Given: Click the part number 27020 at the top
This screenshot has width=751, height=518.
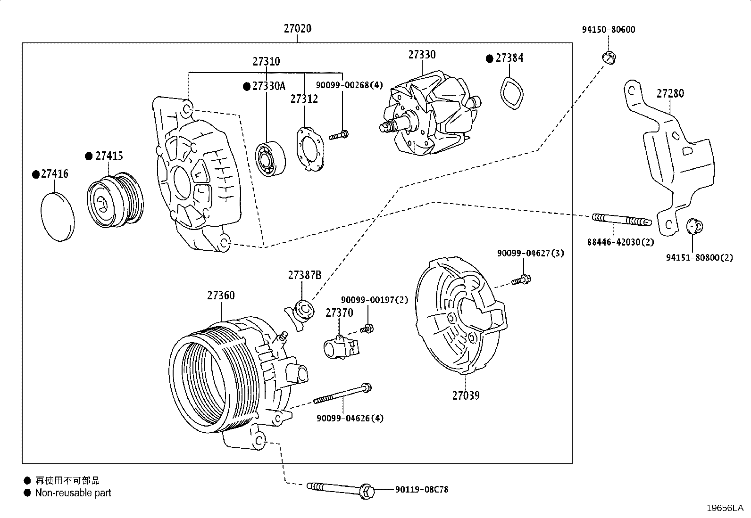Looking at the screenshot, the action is coord(297,28).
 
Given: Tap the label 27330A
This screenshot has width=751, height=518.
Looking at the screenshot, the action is coord(268,86).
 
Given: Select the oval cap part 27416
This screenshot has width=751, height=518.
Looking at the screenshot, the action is coord(58,217).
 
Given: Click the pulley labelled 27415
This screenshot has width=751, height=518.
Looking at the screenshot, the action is coord(115,200).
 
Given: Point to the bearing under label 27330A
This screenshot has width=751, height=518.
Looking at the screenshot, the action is coord(270,159).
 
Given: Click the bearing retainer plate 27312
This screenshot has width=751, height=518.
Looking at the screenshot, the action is coord(310,149).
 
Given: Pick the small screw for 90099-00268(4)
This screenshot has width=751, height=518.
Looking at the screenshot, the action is coord(339,135).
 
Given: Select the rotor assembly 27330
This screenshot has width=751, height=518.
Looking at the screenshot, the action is coord(430,114).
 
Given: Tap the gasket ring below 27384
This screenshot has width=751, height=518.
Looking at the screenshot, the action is coord(511,93).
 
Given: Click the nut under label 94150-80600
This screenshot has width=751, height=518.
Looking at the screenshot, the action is coord(609,58).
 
